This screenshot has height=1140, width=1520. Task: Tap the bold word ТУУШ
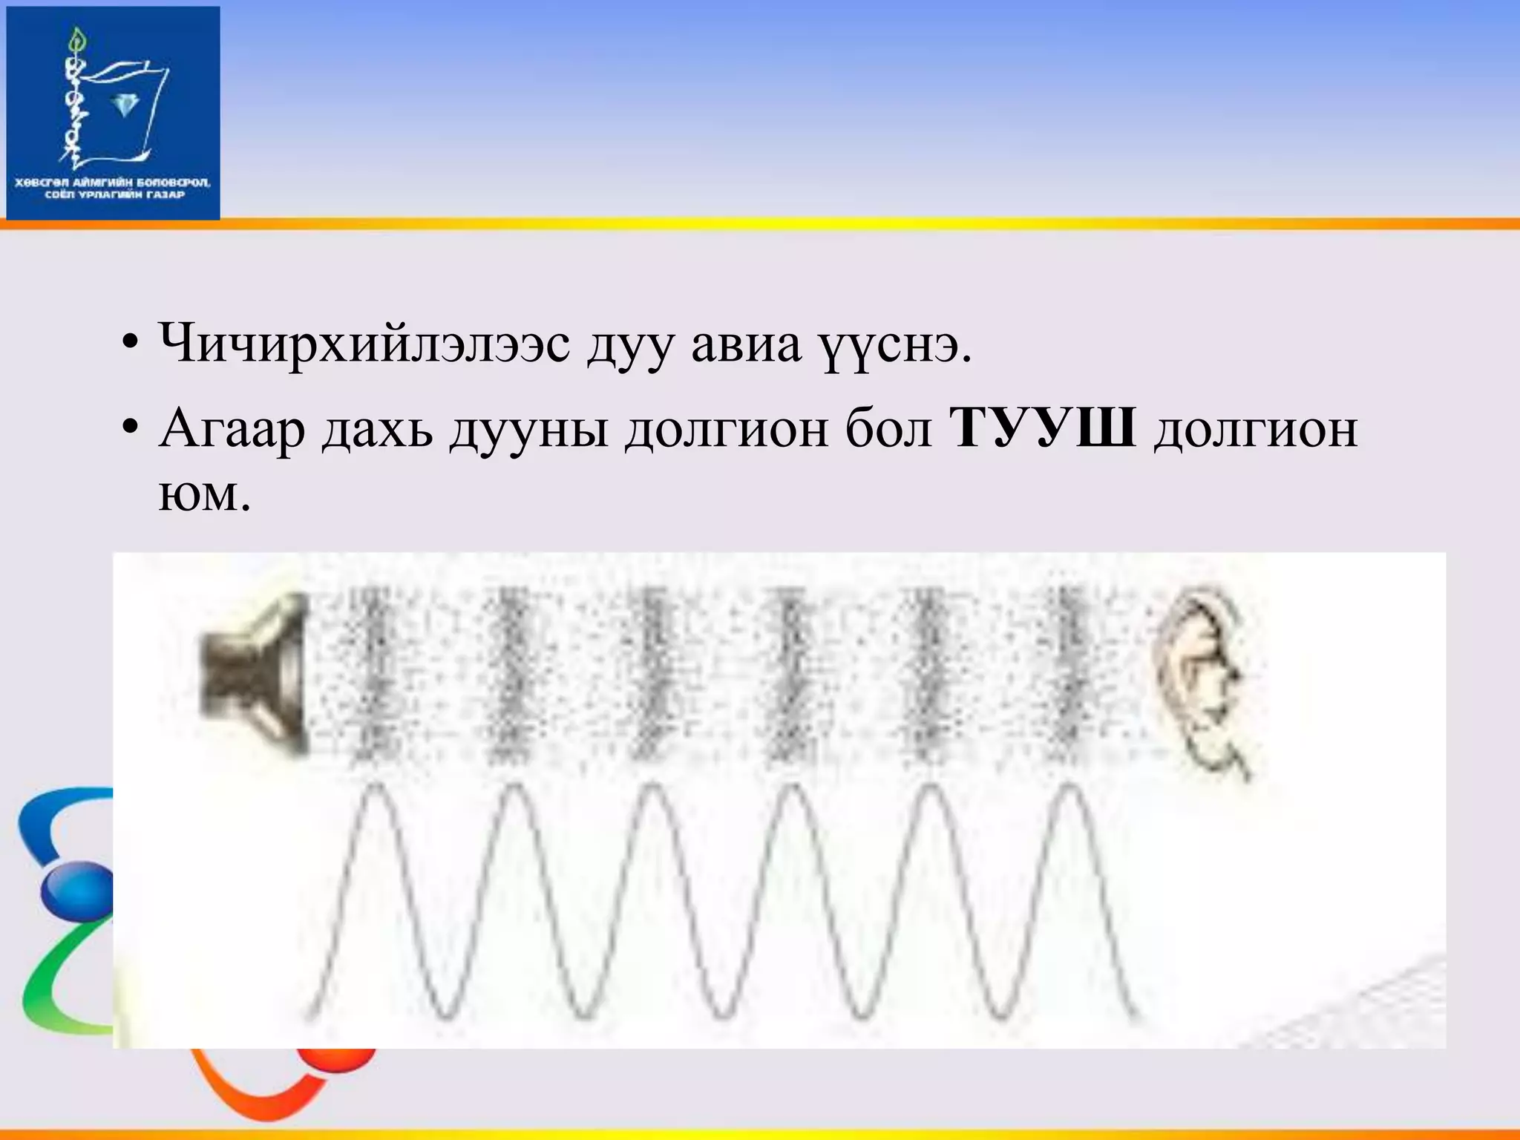[1043, 429]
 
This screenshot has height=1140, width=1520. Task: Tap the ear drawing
[1199, 679]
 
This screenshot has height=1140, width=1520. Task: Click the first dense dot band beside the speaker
[369, 672]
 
